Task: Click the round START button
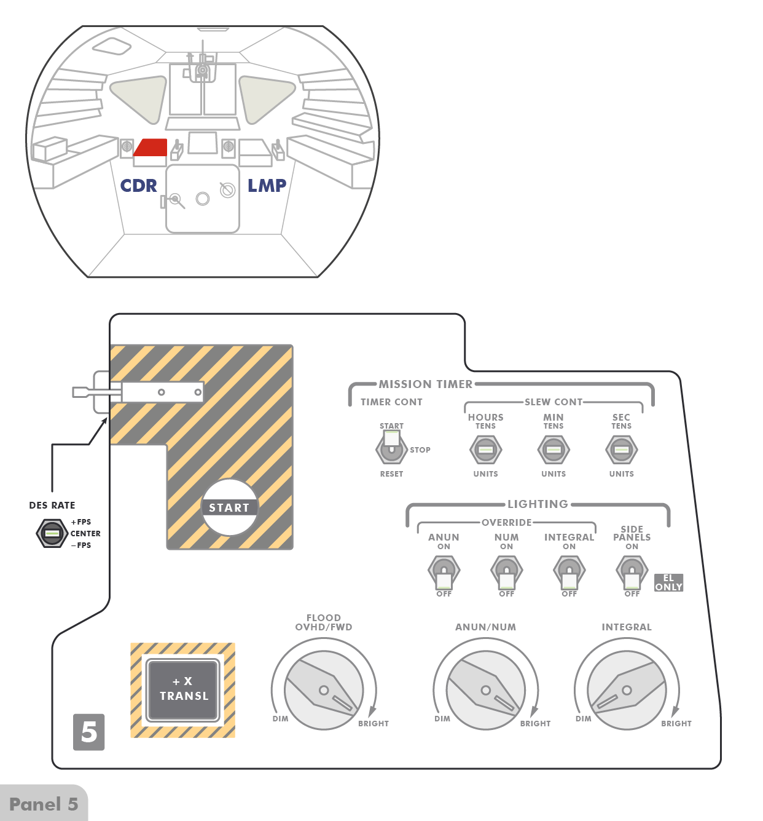click(230, 507)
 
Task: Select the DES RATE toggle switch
click(52, 533)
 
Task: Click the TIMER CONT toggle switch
click(391, 449)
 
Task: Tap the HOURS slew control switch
click(485, 450)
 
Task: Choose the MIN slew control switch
click(554, 450)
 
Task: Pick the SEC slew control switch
click(621, 450)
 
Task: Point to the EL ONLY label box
click(668, 582)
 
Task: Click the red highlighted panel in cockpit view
click(151, 148)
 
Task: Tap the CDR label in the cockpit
click(138, 186)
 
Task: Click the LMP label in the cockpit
click(267, 186)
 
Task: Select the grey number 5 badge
click(89, 732)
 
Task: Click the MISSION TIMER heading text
click(426, 384)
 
